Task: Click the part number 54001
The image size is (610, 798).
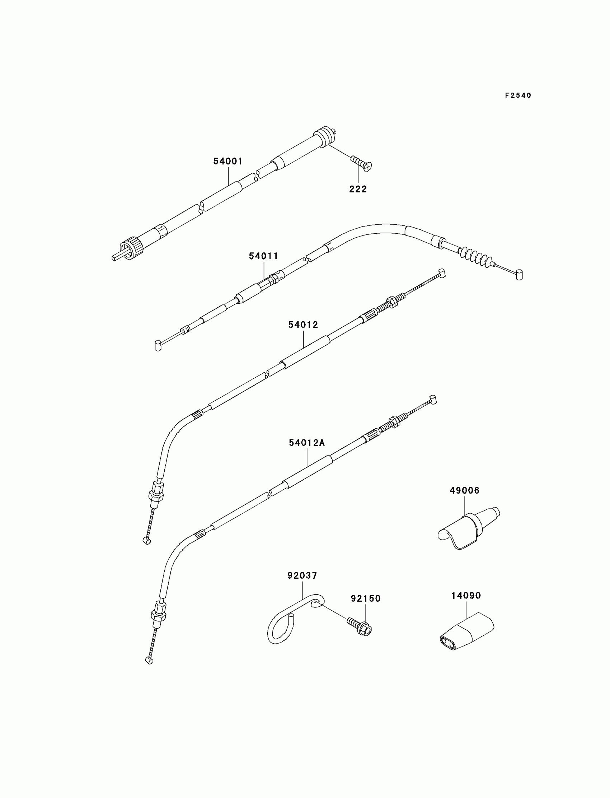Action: [227, 161]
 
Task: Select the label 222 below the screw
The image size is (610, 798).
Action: [358, 189]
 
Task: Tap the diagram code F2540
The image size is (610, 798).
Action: [518, 95]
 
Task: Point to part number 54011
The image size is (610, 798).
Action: [264, 256]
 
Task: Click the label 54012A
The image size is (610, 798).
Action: [307, 443]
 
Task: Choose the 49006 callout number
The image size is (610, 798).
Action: [464, 490]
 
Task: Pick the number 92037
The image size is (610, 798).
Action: [302, 575]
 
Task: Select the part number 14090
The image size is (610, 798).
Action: [466, 596]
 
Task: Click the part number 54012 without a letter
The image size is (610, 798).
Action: [303, 325]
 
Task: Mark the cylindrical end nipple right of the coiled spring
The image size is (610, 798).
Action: [520, 275]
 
